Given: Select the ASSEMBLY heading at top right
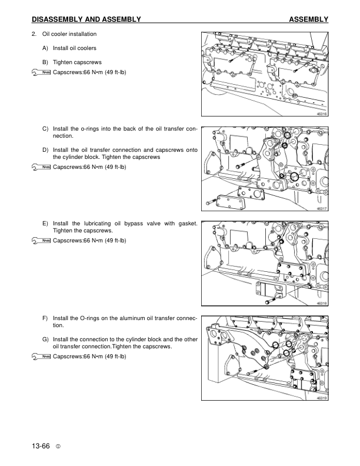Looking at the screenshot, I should point(308,20).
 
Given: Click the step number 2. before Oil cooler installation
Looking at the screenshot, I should point(34,34).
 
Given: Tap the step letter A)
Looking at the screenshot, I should point(45,48).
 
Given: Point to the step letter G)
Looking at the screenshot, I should point(45,339).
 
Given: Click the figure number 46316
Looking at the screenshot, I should point(321,114).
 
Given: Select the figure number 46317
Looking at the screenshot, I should point(321,209).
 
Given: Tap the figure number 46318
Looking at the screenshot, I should point(321,304).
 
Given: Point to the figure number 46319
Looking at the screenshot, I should point(321,398).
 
